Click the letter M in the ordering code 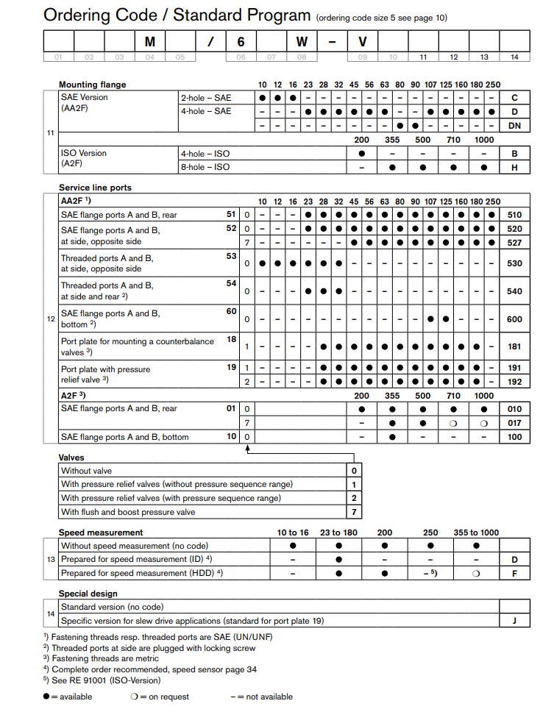(149, 43)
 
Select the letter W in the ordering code (302, 43)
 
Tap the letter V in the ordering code (362, 43)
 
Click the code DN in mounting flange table (515, 125)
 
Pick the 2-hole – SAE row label (206, 97)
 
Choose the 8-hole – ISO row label (206, 167)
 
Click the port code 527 (515, 242)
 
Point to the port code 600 (515, 318)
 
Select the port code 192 (515, 381)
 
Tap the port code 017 (515, 423)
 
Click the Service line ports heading (95, 188)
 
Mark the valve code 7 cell (354, 512)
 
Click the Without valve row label (87, 471)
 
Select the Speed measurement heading (101, 532)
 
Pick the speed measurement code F (515, 573)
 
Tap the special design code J (515, 620)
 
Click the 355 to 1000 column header (476, 532)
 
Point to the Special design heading (88, 593)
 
